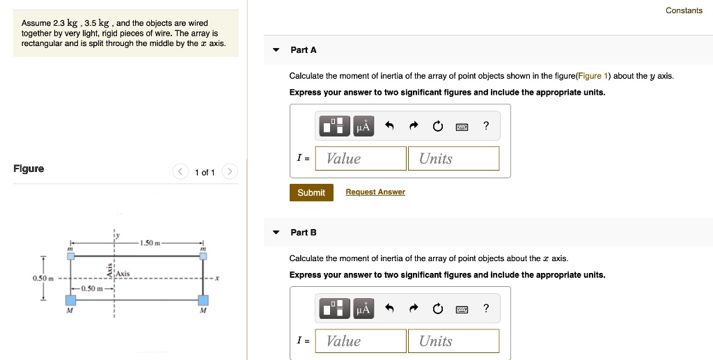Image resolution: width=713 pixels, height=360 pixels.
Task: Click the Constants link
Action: [684, 10]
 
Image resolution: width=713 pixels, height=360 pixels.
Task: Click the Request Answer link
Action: [375, 192]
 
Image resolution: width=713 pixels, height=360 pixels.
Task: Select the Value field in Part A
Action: [361, 159]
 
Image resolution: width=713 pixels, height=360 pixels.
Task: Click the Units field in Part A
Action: [453, 159]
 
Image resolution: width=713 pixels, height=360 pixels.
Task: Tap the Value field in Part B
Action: [361, 341]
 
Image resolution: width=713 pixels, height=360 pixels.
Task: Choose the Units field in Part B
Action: [453, 341]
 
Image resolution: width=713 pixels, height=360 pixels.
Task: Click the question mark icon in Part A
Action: [486, 126]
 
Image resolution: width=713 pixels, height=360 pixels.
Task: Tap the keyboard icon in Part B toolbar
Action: [462, 308]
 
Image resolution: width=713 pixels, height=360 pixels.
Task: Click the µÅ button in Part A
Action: [363, 126]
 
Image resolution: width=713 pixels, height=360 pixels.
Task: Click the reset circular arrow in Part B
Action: [437, 308]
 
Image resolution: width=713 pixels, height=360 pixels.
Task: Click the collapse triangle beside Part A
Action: [276, 50]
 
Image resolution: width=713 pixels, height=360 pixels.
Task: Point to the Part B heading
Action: [304, 233]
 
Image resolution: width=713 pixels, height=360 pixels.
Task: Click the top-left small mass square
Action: [70, 256]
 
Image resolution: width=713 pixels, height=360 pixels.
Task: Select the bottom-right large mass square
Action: [203, 300]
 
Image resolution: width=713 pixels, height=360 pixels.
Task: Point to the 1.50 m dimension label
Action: [150, 243]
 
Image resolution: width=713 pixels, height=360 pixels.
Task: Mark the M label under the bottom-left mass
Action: [69, 311]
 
